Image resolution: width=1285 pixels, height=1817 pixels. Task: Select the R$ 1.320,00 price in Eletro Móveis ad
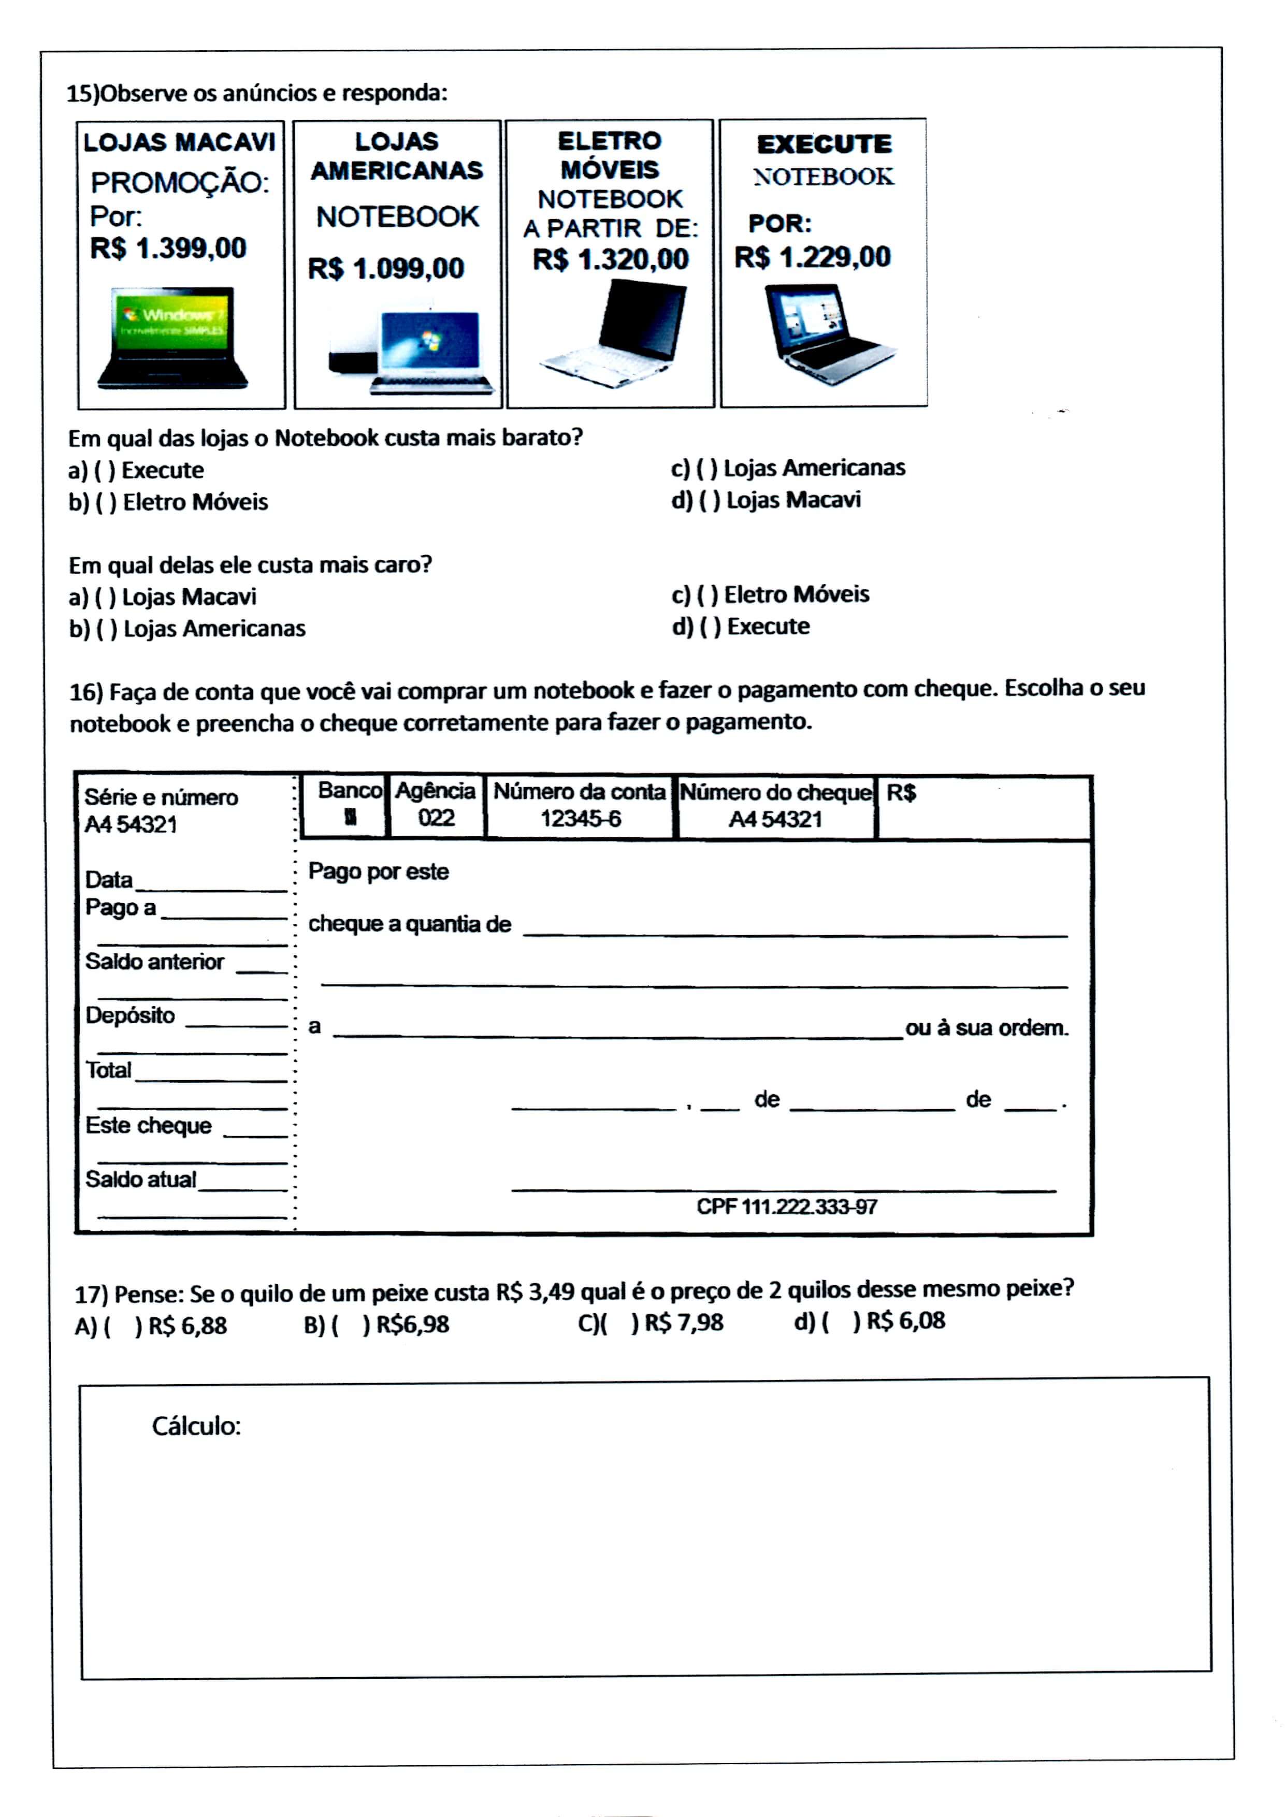pos(611,259)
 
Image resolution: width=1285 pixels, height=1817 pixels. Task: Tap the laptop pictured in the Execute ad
pos(827,335)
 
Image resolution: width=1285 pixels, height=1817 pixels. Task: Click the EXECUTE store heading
pos(824,144)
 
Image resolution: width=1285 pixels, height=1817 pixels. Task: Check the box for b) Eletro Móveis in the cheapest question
pos(106,502)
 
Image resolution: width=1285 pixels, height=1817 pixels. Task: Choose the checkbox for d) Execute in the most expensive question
pos(710,627)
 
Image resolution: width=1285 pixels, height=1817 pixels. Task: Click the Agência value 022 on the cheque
pos(436,818)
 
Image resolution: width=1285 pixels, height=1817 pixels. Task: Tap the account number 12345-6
pos(581,819)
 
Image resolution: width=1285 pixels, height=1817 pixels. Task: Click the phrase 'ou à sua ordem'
pos(987,1028)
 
